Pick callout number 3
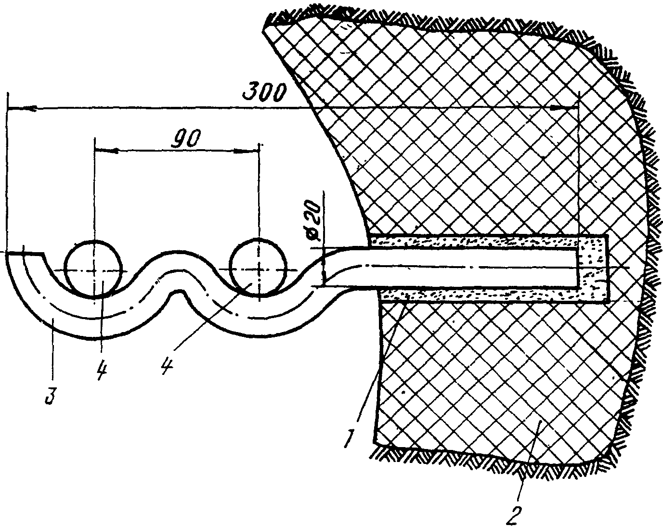[49, 396]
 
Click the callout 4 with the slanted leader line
[167, 368]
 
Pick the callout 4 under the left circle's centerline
[101, 371]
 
